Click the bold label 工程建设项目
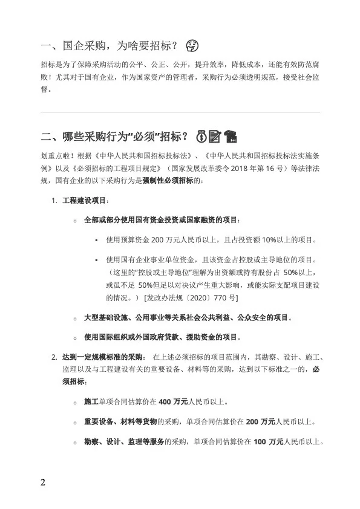pyautogui.click(x=86, y=200)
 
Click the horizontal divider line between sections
pyautogui.click(x=180, y=112)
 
